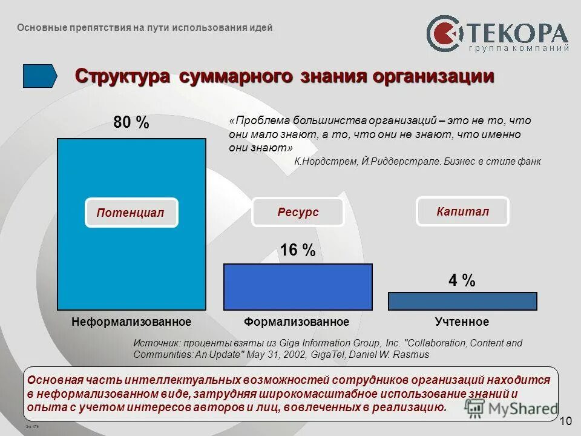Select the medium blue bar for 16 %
pyautogui.click(x=298, y=287)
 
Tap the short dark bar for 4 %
pyautogui.click(x=462, y=301)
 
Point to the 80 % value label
pyautogui.click(x=131, y=123)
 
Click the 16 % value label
pyautogui.click(x=297, y=250)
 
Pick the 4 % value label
pyautogui.click(x=462, y=281)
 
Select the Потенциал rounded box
pyautogui.click(x=131, y=213)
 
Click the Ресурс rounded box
pyautogui.click(x=298, y=212)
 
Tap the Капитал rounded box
pyautogui.click(x=462, y=211)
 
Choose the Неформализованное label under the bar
pyautogui.click(x=131, y=322)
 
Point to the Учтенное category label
pyautogui.click(x=462, y=322)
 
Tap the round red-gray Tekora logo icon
pyautogui.click(x=444, y=34)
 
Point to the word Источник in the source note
pyautogui.click(x=156, y=343)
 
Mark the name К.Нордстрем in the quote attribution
pyautogui.click(x=325, y=162)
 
